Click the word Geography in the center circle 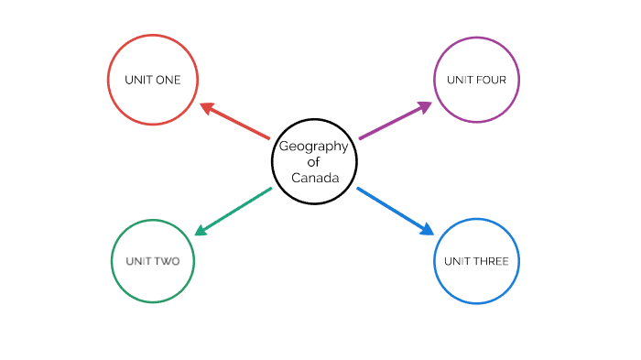click(x=313, y=147)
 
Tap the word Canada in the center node click(x=315, y=178)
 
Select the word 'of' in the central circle click(x=313, y=162)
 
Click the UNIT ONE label click(x=153, y=80)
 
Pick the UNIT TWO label click(x=153, y=261)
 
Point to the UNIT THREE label click(x=476, y=261)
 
